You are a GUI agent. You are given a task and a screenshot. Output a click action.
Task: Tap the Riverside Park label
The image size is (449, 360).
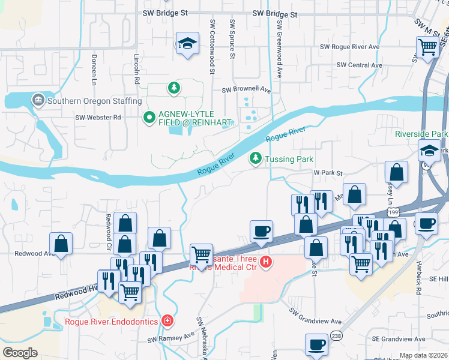[422, 133]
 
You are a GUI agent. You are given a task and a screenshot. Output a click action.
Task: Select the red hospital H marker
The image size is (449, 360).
[265, 262]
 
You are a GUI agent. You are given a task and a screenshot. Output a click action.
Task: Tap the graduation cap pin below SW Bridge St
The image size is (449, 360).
[187, 44]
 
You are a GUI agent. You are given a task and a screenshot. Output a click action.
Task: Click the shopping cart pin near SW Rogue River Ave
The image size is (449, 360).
[427, 46]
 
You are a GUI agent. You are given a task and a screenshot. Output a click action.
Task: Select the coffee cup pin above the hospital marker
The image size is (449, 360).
[261, 231]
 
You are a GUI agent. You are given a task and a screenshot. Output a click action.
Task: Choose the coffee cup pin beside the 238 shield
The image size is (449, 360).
[316, 345]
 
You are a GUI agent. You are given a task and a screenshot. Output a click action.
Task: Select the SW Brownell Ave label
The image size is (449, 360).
[246, 90]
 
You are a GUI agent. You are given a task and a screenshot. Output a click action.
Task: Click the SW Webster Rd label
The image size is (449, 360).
[98, 117]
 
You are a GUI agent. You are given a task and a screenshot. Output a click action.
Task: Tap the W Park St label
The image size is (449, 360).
[327, 172]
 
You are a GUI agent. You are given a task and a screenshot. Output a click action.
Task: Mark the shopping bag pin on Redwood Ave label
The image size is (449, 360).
[61, 244]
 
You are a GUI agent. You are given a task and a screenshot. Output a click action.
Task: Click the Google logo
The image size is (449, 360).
[20, 353]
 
